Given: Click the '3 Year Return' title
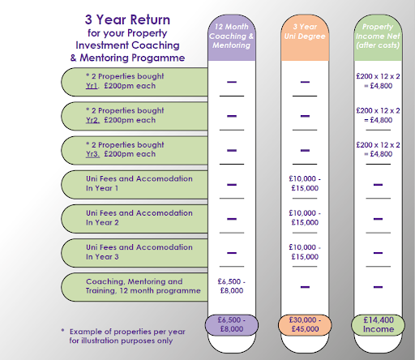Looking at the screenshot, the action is pos(127,19).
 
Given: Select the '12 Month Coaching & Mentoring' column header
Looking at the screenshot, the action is pos(232,36).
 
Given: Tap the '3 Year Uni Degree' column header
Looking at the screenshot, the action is pos(305,32).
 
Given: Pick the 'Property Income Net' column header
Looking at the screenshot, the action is pos(378,36).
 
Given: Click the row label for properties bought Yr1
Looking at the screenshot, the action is pos(125,81).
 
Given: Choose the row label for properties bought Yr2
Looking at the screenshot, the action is pos(125,115).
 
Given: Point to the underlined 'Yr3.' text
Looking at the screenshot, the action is pos(92,154).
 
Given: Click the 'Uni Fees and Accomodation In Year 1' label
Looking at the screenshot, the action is pos(139,183).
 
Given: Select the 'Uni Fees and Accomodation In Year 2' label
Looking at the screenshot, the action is pos(139,218).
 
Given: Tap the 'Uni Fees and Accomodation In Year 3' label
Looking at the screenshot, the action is pos(139,252).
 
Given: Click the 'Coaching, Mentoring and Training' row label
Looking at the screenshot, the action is pos(143,286).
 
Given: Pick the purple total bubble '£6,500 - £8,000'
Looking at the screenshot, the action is pos(232,324).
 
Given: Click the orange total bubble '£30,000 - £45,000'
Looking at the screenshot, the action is pos(305,324).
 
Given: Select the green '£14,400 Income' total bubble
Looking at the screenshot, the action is pos(378,324).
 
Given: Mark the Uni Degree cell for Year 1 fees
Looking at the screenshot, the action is pos(305,183).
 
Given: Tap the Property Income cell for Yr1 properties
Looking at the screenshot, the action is pos(378,81).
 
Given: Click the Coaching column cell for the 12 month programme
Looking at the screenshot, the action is pos(232,286).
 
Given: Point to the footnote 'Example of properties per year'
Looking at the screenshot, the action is pos(127,332).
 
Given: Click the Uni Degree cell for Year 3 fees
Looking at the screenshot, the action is pos(305,252).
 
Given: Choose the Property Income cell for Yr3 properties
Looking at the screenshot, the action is pos(378,149).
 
